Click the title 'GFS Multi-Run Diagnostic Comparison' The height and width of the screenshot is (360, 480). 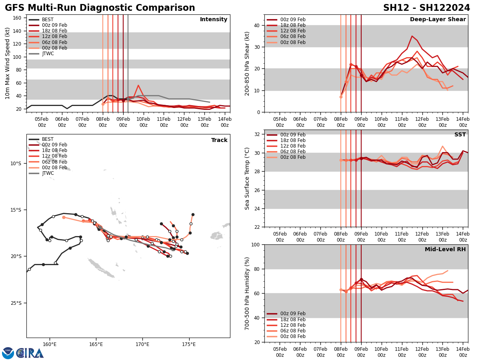(x=100, y=8)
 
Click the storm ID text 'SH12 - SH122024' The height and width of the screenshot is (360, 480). (x=426, y=8)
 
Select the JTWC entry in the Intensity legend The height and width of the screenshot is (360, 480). (x=48, y=54)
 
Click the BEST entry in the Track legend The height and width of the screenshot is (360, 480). (x=48, y=139)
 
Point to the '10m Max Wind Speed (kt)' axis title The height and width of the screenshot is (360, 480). (x=8, y=63)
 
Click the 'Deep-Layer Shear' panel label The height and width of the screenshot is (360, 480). (x=438, y=20)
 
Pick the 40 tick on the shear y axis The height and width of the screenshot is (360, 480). (x=257, y=25)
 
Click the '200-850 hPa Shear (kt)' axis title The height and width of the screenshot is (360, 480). (x=247, y=63)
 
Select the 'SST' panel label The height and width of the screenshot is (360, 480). (x=460, y=135)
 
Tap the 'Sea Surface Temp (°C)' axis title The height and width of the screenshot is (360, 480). (x=247, y=178)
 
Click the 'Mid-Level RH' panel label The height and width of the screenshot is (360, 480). (x=445, y=250)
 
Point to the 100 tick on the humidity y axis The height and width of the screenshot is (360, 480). (x=255, y=244)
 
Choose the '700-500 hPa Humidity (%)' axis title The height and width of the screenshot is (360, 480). (x=247, y=293)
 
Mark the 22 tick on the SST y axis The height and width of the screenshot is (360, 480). (x=257, y=227)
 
